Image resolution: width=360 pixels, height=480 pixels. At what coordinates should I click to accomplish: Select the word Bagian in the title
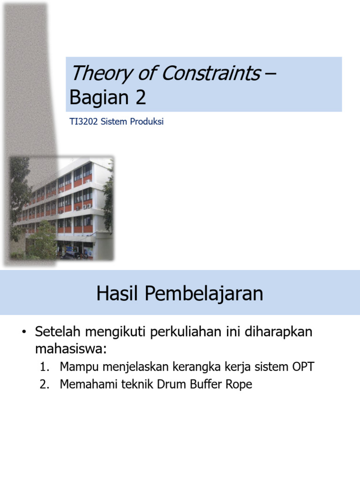coord(95,97)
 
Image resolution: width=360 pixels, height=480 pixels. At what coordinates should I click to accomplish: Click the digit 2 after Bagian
coord(140,97)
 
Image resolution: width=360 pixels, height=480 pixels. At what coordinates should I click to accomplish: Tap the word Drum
coord(176,385)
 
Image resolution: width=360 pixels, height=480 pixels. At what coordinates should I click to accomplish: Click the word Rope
coord(239,385)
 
